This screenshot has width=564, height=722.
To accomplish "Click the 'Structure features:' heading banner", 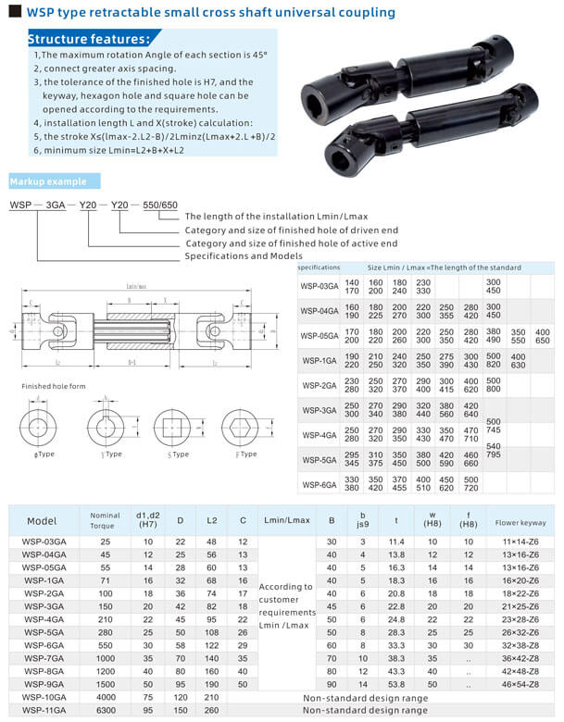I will click(87, 40).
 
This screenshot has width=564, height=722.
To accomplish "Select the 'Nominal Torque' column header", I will click(105, 520).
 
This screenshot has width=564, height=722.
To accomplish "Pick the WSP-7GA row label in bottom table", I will click(44, 657).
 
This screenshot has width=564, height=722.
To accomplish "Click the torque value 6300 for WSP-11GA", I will click(105, 709).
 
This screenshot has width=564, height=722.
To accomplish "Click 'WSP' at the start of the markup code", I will click(20, 204).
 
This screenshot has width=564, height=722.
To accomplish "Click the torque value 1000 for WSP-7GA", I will click(105, 657).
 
